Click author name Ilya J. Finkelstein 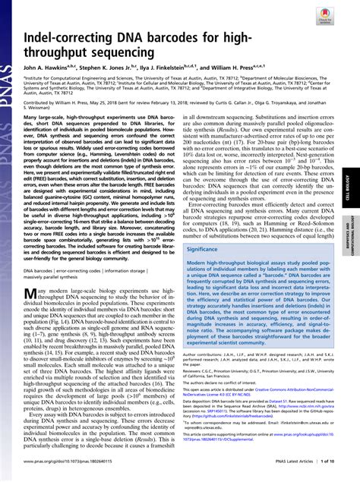pos(182,68)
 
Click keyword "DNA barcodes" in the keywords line pos(38,269)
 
